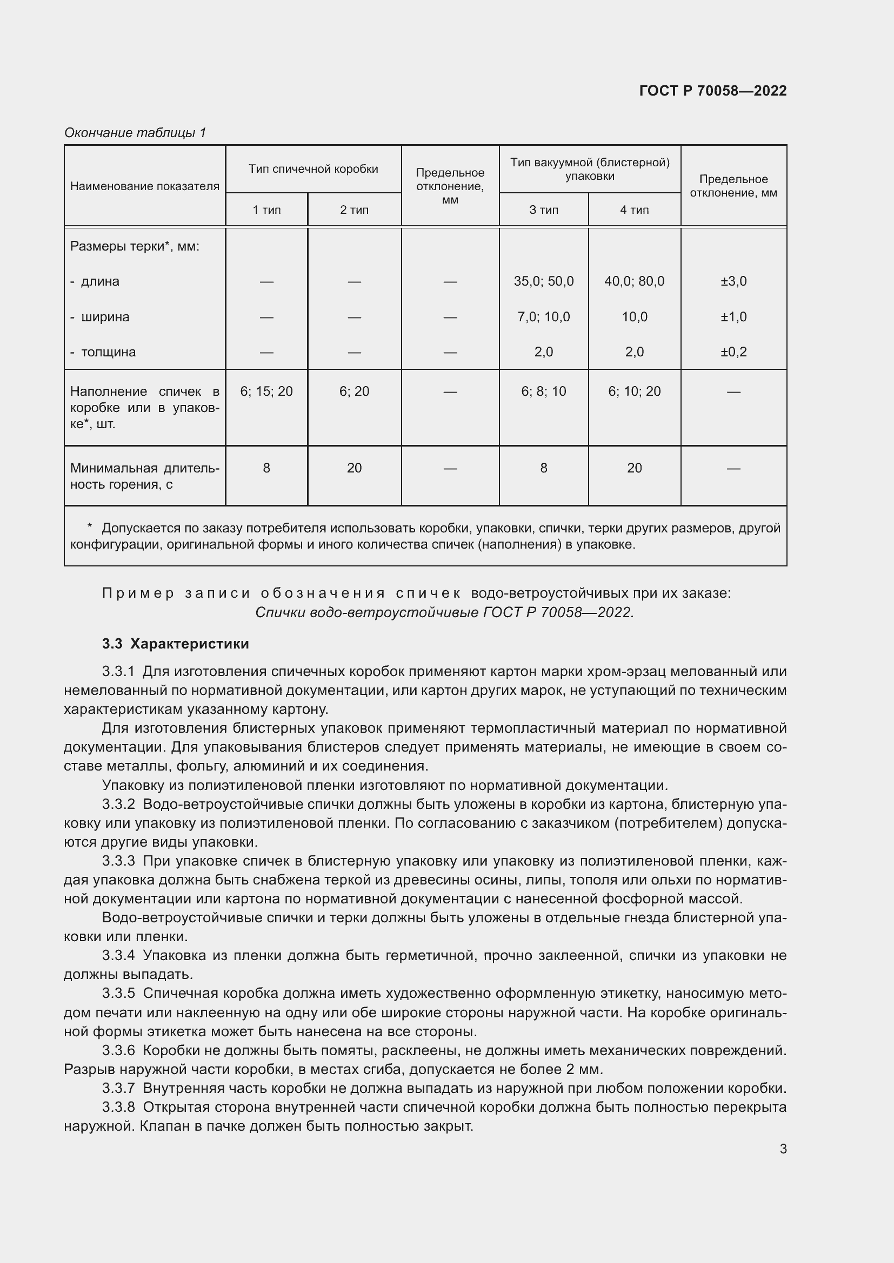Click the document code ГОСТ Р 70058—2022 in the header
[x=712, y=91]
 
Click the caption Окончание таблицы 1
[x=135, y=133]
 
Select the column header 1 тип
[x=266, y=210]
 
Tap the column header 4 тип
[x=634, y=210]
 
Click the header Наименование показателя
[x=144, y=186]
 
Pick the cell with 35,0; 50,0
[x=543, y=281]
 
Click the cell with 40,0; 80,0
[x=634, y=281]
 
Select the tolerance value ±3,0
[x=733, y=281]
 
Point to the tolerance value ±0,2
[x=733, y=352]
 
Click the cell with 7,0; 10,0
[x=543, y=317]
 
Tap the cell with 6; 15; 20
[x=266, y=391]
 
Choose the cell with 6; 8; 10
[x=543, y=391]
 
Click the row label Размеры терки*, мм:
[x=135, y=246]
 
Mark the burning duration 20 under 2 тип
[x=354, y=468]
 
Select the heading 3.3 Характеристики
[x=175, y=644]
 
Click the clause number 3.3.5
[x=118, y=993]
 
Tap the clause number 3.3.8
[x=118, y=1107]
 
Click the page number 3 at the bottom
[x=783, y=1149]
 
